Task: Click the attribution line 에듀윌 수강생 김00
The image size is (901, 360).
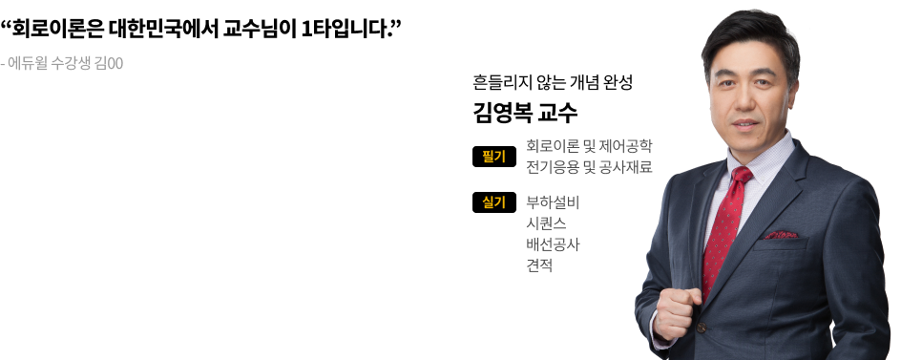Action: pos(65,63)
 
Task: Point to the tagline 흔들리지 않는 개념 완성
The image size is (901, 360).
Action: pos(553,82)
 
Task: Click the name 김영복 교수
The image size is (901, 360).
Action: pos(525,113)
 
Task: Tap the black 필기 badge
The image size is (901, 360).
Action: pos(494,157)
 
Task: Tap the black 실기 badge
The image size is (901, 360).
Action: pos(494,202)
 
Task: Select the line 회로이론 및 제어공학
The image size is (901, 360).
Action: pos(589,146)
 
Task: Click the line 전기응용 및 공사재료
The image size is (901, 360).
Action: pos(589,167)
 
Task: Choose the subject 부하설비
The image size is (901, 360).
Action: pos(553,202)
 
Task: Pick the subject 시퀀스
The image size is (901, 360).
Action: pos(546,223)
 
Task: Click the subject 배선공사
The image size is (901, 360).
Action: pos(553,244)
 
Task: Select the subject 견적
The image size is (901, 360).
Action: pos(539,265)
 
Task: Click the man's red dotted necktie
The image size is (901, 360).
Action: pos(725,230)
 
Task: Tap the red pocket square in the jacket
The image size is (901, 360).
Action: pos(782,235)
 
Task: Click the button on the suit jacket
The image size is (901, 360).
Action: pos(701,328)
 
